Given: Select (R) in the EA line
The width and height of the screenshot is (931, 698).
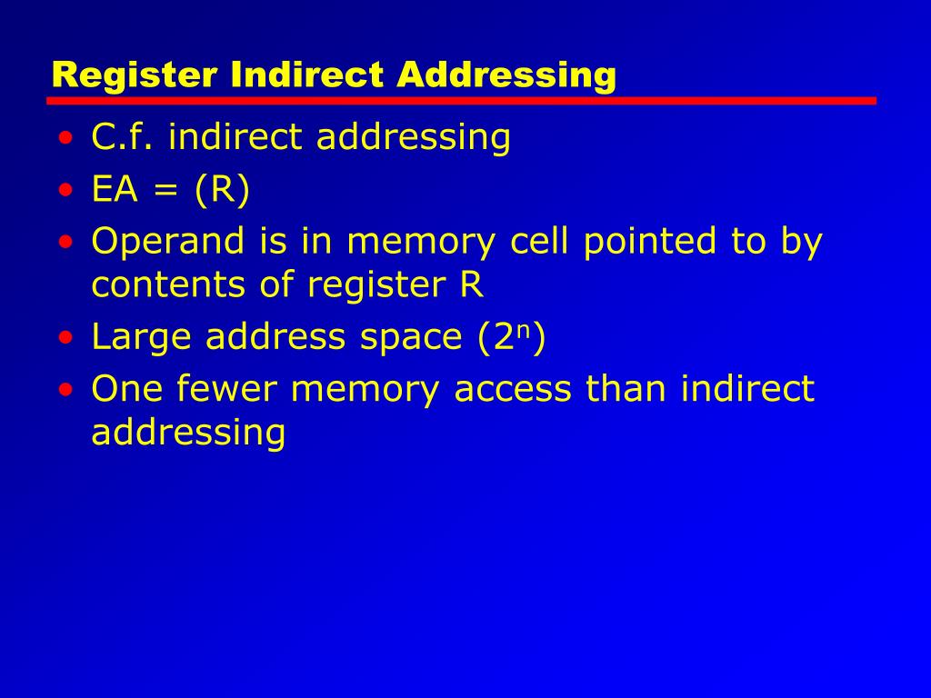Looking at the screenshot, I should pyautogui.click(x=220, y=191).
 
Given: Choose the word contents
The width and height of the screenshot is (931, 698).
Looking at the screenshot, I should pyautogui.click(x=161, y=286).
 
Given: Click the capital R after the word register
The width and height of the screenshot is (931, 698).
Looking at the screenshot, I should pyautogui.click(x=472, y=285).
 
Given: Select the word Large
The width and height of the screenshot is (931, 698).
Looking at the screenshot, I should pyautogui.click(x=142, y=338).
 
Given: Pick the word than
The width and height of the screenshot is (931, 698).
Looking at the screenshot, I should pyautogui.click(x=628, y=389).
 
